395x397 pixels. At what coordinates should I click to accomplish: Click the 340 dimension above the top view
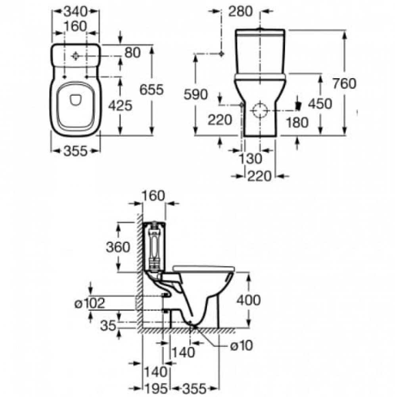75,11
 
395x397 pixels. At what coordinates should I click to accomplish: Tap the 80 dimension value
132,53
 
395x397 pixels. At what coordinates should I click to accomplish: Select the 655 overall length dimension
152,89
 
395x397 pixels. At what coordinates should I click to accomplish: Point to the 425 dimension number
121,105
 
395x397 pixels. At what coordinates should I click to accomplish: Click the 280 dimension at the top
240,12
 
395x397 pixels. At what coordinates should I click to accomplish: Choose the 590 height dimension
196,94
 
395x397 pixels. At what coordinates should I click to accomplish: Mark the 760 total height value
344,83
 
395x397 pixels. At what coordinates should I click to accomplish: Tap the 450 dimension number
320,104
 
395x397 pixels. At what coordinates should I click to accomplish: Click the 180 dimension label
297,123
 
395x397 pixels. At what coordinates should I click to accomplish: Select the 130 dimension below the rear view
250,159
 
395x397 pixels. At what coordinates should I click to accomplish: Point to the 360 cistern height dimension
118,247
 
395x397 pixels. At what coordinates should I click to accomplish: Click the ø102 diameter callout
90,303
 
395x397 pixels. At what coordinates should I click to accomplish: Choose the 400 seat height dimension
248,300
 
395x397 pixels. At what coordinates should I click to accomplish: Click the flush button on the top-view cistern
75,56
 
